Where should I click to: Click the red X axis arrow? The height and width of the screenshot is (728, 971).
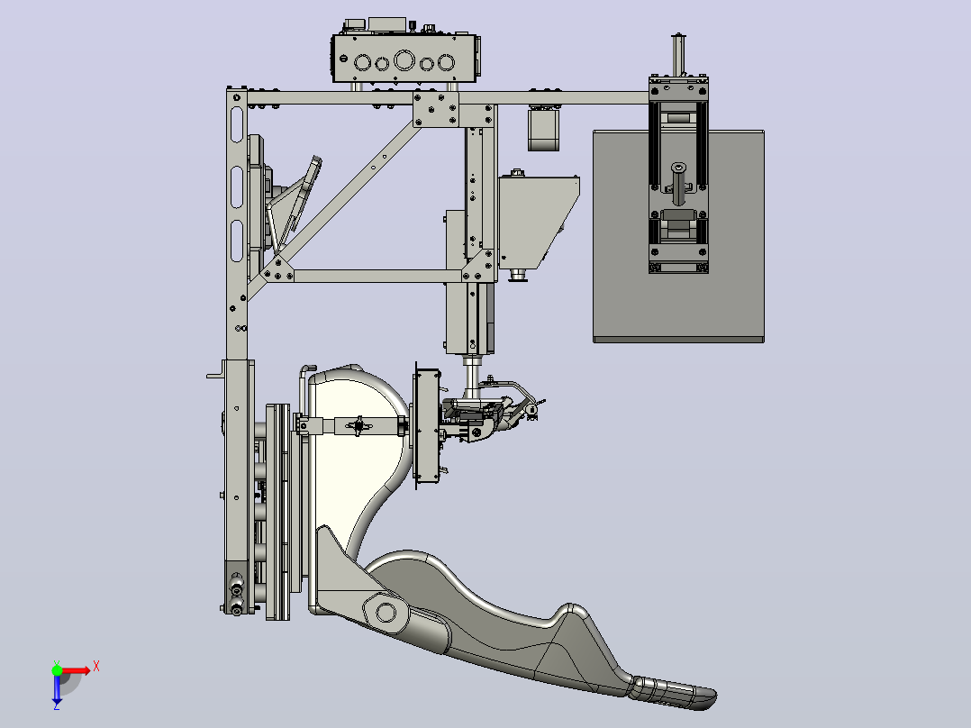tap(76, 670)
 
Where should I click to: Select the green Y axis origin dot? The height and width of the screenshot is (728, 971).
tap(57, 669)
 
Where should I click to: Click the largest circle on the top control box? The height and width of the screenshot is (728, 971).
tap(404, 60)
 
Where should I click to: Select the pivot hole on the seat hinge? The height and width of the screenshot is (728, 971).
tap(386, 612)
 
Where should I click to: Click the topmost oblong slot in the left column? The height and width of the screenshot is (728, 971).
tap(237, 124)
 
